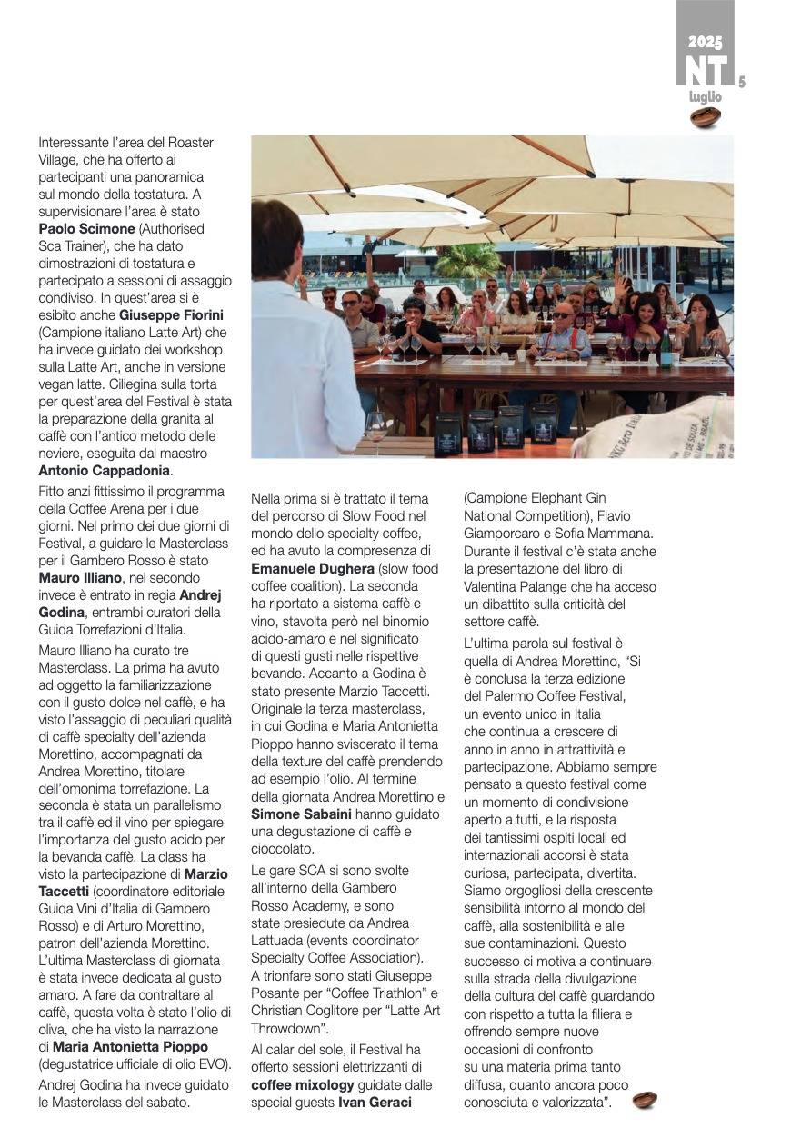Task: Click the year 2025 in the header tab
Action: tap(706, 42)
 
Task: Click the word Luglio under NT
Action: tap(705, 96)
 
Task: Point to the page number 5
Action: tap(742, 82)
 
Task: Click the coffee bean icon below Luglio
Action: tap(706, 117)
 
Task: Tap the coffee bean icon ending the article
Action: tap(645, 1100)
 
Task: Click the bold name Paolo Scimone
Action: tap(86, 228)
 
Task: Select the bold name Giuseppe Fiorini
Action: tap(175, 314)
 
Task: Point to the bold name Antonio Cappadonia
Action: tap(105, 471)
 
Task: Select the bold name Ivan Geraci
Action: tap(375, 1103)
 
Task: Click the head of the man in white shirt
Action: tap(276, 238)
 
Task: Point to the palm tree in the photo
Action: tap(468, 261)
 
